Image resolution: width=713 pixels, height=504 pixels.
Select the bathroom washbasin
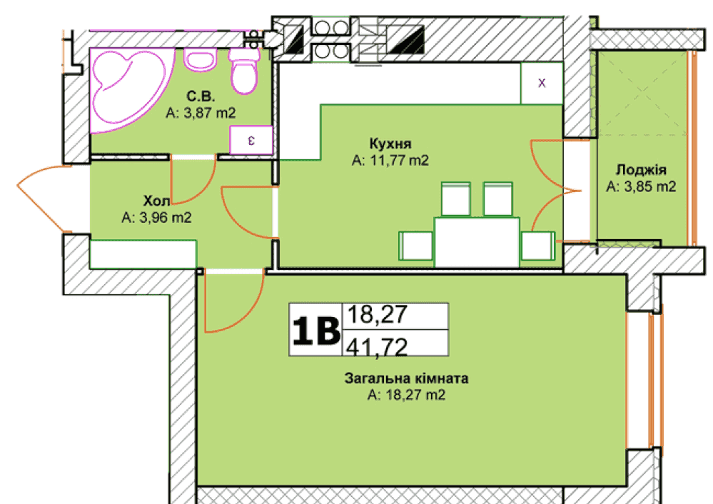(x=200, y=59)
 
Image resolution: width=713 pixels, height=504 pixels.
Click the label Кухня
(x=390, y=143)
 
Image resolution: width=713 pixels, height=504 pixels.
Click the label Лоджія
(x=641, y=170)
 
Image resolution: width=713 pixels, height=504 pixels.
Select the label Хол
(x=156, y=201)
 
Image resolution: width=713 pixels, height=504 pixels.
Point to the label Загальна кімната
(x=407, y=378)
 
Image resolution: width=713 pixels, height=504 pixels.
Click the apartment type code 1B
(x=316, y=331)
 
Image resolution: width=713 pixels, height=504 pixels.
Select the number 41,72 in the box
(x=377, y=348)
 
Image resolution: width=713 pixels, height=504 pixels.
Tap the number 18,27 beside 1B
(x=378, y=315)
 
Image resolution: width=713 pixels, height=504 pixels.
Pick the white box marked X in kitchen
(x=542, y=83)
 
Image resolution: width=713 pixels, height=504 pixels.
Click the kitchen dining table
(x=477, y=242)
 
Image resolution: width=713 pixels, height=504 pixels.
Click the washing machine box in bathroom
(x=251, y=140)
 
